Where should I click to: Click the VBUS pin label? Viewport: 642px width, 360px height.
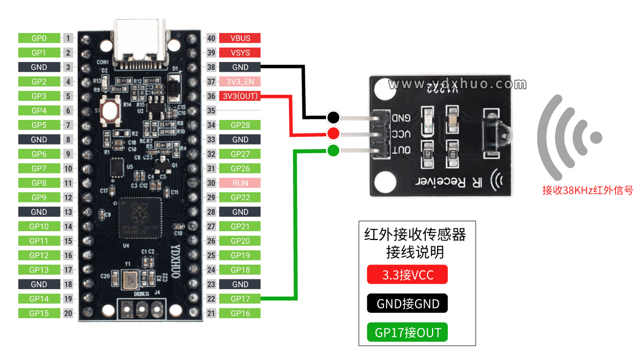coord(240,38)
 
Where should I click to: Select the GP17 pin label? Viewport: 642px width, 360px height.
coord(240,299)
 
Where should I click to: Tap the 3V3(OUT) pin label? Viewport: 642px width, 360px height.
coord(240,96)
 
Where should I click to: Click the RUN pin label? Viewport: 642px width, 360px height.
coord(240,183)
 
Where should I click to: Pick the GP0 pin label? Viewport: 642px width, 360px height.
coord(39,38)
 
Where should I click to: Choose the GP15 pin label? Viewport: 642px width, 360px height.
coord(39,313)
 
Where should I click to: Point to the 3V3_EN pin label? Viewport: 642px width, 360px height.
coord(240,82)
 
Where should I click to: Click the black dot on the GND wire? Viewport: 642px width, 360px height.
coord(333,117)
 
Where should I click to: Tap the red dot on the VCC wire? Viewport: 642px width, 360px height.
coord(333,133)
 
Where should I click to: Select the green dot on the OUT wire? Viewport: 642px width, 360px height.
coord(333,150)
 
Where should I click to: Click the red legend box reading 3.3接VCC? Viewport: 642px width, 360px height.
coord(407,274)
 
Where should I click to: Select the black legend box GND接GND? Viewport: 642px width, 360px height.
coord(407,303)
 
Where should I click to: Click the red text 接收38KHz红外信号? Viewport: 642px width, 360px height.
coord(587,190)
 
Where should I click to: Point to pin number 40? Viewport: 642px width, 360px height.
coord(211,38)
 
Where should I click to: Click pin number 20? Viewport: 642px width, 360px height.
coord(68,313)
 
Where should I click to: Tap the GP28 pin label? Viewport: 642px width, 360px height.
coord(240,125)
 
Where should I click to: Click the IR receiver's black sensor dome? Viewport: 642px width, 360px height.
coord(501,130)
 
